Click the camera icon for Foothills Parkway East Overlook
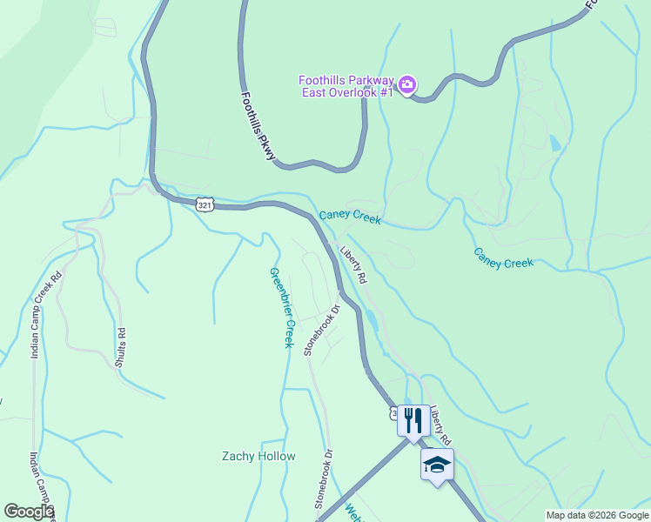407,84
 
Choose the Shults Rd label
120,346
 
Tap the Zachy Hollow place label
258,456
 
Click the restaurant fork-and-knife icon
412,420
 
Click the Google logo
29,512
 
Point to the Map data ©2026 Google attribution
597,515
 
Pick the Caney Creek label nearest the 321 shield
350,217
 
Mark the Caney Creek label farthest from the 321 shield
503,258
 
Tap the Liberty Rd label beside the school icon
440,423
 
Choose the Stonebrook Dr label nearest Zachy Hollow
324,478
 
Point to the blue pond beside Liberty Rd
372,320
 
